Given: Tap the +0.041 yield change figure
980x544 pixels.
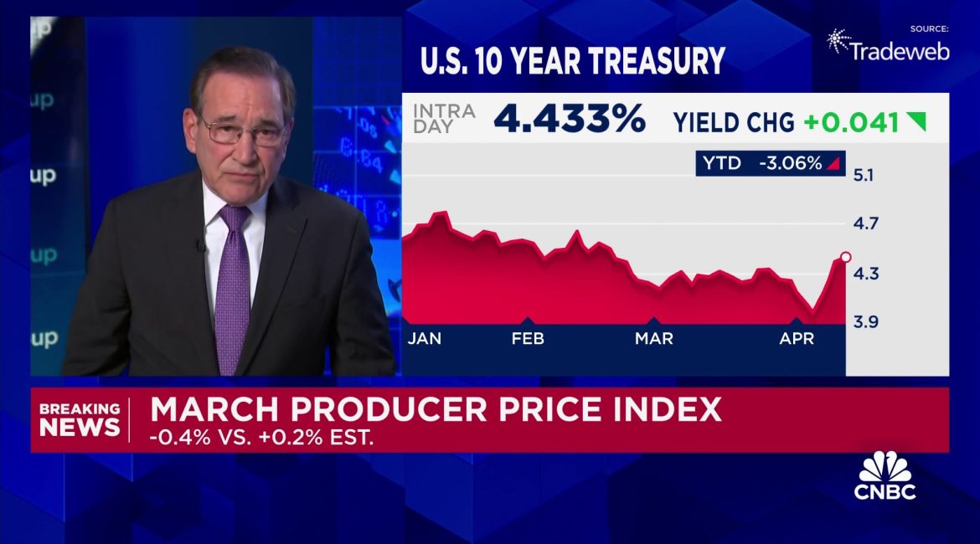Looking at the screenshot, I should pos(851,123).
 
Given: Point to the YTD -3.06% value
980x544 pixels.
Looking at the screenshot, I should pos(790,163).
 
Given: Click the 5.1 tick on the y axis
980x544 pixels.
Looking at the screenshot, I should pos(864,175).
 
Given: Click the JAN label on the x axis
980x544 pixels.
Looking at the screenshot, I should pos(425,338).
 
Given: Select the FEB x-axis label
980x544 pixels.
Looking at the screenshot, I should pos(528,338).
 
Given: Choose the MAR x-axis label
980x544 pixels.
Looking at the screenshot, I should pos(653,338).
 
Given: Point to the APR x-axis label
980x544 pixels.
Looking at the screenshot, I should pos(797,338).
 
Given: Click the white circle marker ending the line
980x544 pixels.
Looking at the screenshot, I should pos(845,257).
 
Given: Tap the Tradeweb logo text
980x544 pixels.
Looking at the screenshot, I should pos(899,51).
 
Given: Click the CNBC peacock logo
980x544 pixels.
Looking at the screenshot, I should pos(885,467).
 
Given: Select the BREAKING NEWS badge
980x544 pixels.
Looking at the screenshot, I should pos(80,419).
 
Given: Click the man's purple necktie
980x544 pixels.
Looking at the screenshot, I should pos(233,285).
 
